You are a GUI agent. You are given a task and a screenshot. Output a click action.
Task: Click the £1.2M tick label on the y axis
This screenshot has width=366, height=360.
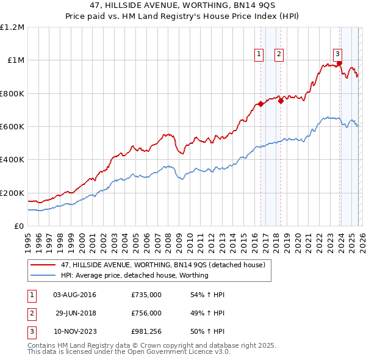pos(12,27)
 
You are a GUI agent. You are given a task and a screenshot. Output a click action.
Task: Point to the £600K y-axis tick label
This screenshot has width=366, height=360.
pos(12,127)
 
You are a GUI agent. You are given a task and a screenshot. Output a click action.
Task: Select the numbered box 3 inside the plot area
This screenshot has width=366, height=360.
pos(337,53)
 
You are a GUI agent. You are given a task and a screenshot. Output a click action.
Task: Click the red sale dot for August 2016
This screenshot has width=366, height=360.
pos(260,104)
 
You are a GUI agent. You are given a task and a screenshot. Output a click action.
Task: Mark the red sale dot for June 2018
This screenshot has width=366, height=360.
pos(281,101)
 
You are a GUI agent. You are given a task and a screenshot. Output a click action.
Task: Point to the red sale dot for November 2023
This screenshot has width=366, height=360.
pos(339,63)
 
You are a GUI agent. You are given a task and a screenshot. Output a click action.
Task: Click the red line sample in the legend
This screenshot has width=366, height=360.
pos(43,265)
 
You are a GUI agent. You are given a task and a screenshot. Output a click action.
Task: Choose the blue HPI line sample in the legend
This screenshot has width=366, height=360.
pos(43,275)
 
